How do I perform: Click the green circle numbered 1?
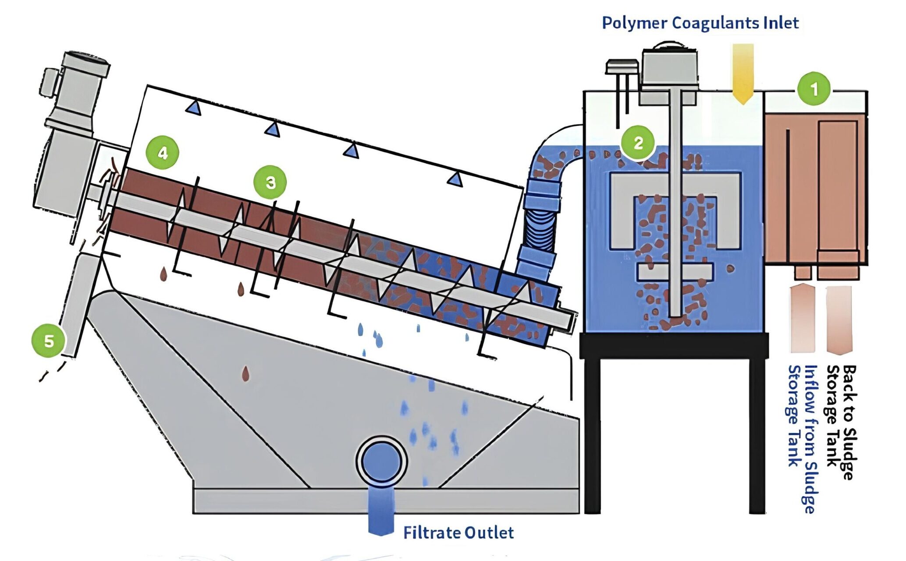[x=814, y=89]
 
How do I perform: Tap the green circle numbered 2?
[x=638, y=143]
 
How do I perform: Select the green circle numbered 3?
[x=270, y=182]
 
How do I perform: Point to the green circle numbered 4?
[x=163, y=153]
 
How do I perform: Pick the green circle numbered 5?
[x=48, y=341]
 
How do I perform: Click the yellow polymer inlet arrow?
[x=743, y=72]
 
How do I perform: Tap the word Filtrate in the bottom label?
[x=431, y=533]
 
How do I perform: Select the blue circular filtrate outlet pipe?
[x=381, y=461]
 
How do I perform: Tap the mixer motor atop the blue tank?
[x=668, y=70]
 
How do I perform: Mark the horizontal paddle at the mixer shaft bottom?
[x=675, y=272]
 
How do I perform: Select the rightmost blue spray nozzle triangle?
[x=455, y=179]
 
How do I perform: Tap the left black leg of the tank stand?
[x=593, y=434]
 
